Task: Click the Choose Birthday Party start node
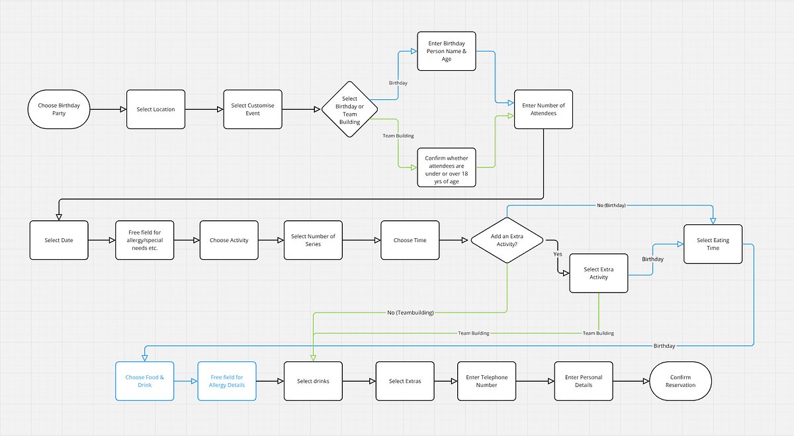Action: (x=59, y=109)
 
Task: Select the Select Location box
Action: (x=155, y=109)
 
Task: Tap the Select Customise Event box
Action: (x=253, y=109)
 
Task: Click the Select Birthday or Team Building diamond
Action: (x=349, y=110)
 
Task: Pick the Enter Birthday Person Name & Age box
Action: (x=447, y=51)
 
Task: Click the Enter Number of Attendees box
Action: (x=543, y=109)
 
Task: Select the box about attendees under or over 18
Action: (x=447, y=167)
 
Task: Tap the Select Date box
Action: (x=59, y=240)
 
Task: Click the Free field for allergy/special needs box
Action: (x=145, y=240)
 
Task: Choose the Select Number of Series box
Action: (x=313, y=240)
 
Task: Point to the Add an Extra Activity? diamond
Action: (x=507, y=240)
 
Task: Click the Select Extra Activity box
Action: (x=599, y=273)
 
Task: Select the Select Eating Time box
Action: (x=713, y=244)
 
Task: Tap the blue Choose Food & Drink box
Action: (x=145, y=381)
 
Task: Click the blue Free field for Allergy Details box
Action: (x=227, y=381)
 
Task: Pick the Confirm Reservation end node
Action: (x=681, y=381)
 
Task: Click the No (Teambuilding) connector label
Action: (x=410, y=313)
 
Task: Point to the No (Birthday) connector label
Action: (x=611, y=205)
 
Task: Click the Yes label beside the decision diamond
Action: (x=558, y=254)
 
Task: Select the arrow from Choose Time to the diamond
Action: (x=454, y=240)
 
